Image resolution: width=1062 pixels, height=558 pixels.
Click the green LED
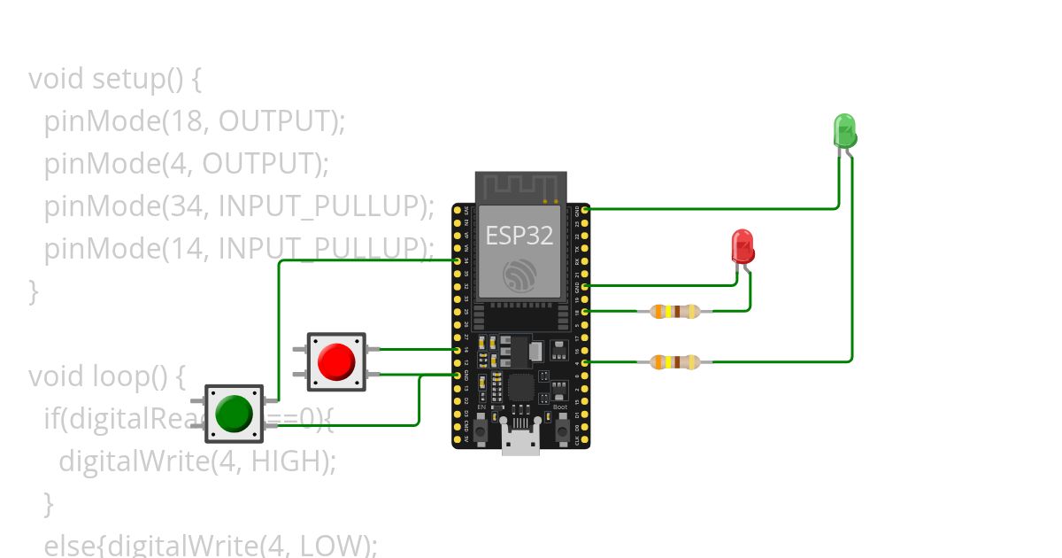844,131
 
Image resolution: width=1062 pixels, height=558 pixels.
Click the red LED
743,246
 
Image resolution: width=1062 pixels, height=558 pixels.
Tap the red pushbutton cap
336,360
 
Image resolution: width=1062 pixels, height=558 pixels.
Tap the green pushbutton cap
234,413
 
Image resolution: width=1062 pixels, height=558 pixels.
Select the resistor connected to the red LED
675,311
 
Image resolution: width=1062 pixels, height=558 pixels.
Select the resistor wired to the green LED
675,361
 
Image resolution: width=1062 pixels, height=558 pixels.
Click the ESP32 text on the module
519,236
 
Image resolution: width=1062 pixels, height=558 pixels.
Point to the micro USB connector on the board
520,439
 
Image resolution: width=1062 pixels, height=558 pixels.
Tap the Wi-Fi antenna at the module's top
520,188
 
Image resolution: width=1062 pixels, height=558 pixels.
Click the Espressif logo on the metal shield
519,275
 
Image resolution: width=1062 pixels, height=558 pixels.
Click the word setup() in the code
138,79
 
